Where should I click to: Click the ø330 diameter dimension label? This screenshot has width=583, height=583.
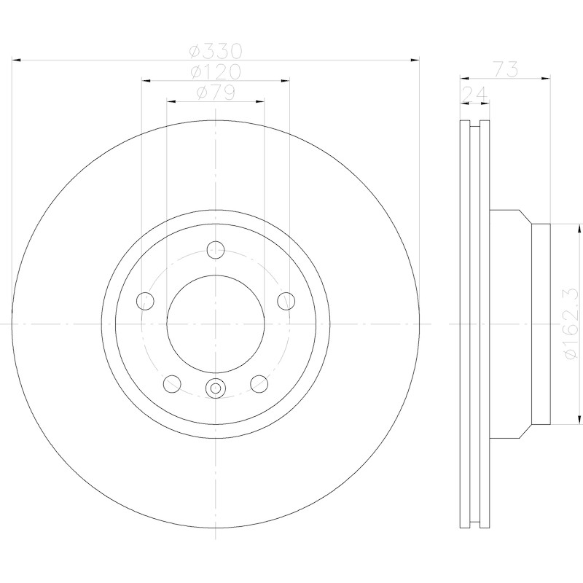click(x=216, y=51)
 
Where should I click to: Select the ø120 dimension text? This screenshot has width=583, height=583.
click(x=216, y=71)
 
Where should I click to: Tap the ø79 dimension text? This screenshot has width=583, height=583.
click(x=216, y=93)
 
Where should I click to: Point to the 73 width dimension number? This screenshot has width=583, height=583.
click(x=506, y=69)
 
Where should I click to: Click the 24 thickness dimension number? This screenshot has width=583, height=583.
click(x=474, y=94)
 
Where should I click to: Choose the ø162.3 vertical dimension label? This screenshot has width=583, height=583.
click(x=571, y=323)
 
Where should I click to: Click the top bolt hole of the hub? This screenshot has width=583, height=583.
click(x=216, y=249)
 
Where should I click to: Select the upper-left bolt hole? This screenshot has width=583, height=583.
click(x=145, y=301)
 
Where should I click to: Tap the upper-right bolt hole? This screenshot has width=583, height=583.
click(x=286, y=301)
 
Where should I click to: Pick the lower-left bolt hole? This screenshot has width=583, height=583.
click(x=172, y=384)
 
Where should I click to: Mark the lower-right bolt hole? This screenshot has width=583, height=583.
click(x=259, y=384)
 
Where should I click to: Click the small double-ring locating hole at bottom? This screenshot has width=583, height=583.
click(x=216, y=388)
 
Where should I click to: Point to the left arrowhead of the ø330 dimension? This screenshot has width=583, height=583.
click(x=17, y=60)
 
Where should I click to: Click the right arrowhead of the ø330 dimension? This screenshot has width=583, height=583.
click(x=415, y=60)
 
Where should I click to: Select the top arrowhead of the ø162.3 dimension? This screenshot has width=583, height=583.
click(x=579, y=229)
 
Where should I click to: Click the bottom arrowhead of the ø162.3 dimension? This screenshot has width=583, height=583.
click(x=579, y=420)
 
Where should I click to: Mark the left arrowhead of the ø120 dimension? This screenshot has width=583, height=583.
click(x=146, y=80)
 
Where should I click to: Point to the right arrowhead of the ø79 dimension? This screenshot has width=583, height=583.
click(x=259, y=101)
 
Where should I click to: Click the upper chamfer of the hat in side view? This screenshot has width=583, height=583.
click(x=525, y=216)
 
